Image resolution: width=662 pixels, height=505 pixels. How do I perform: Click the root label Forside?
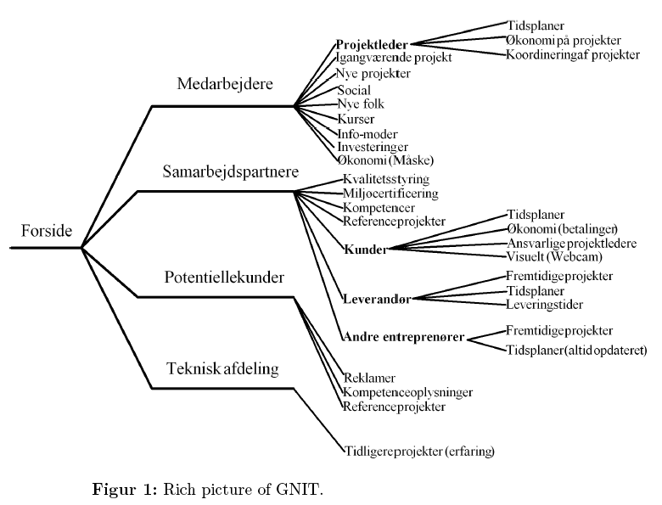point(47,230)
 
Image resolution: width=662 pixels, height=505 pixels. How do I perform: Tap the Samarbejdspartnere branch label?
point(229,171)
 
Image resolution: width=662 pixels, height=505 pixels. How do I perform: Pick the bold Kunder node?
point(366,250)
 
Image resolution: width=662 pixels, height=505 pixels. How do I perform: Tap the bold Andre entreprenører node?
point(403,337)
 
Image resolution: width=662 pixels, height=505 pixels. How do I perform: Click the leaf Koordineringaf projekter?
point(573,54)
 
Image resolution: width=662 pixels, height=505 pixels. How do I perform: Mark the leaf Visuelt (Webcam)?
point(553,255)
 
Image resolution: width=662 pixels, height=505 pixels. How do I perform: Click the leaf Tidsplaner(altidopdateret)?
point(576,350)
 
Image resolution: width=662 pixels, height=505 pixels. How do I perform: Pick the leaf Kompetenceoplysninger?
point(407,392)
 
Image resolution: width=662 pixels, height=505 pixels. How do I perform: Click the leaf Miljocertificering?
point(390,194)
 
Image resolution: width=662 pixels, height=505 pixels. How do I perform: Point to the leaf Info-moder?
point(367,133)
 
